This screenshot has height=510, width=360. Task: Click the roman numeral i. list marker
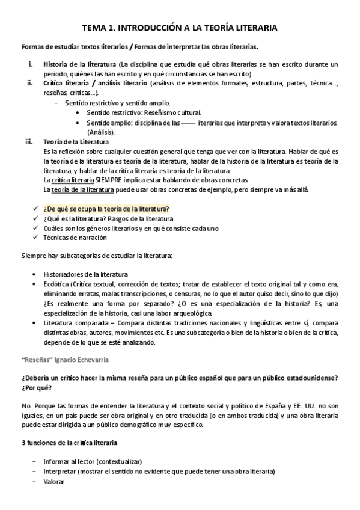click(31, 64)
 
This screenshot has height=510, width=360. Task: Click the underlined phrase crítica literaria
click(73, 180)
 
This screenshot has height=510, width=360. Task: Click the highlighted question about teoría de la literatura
click(106, 209)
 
